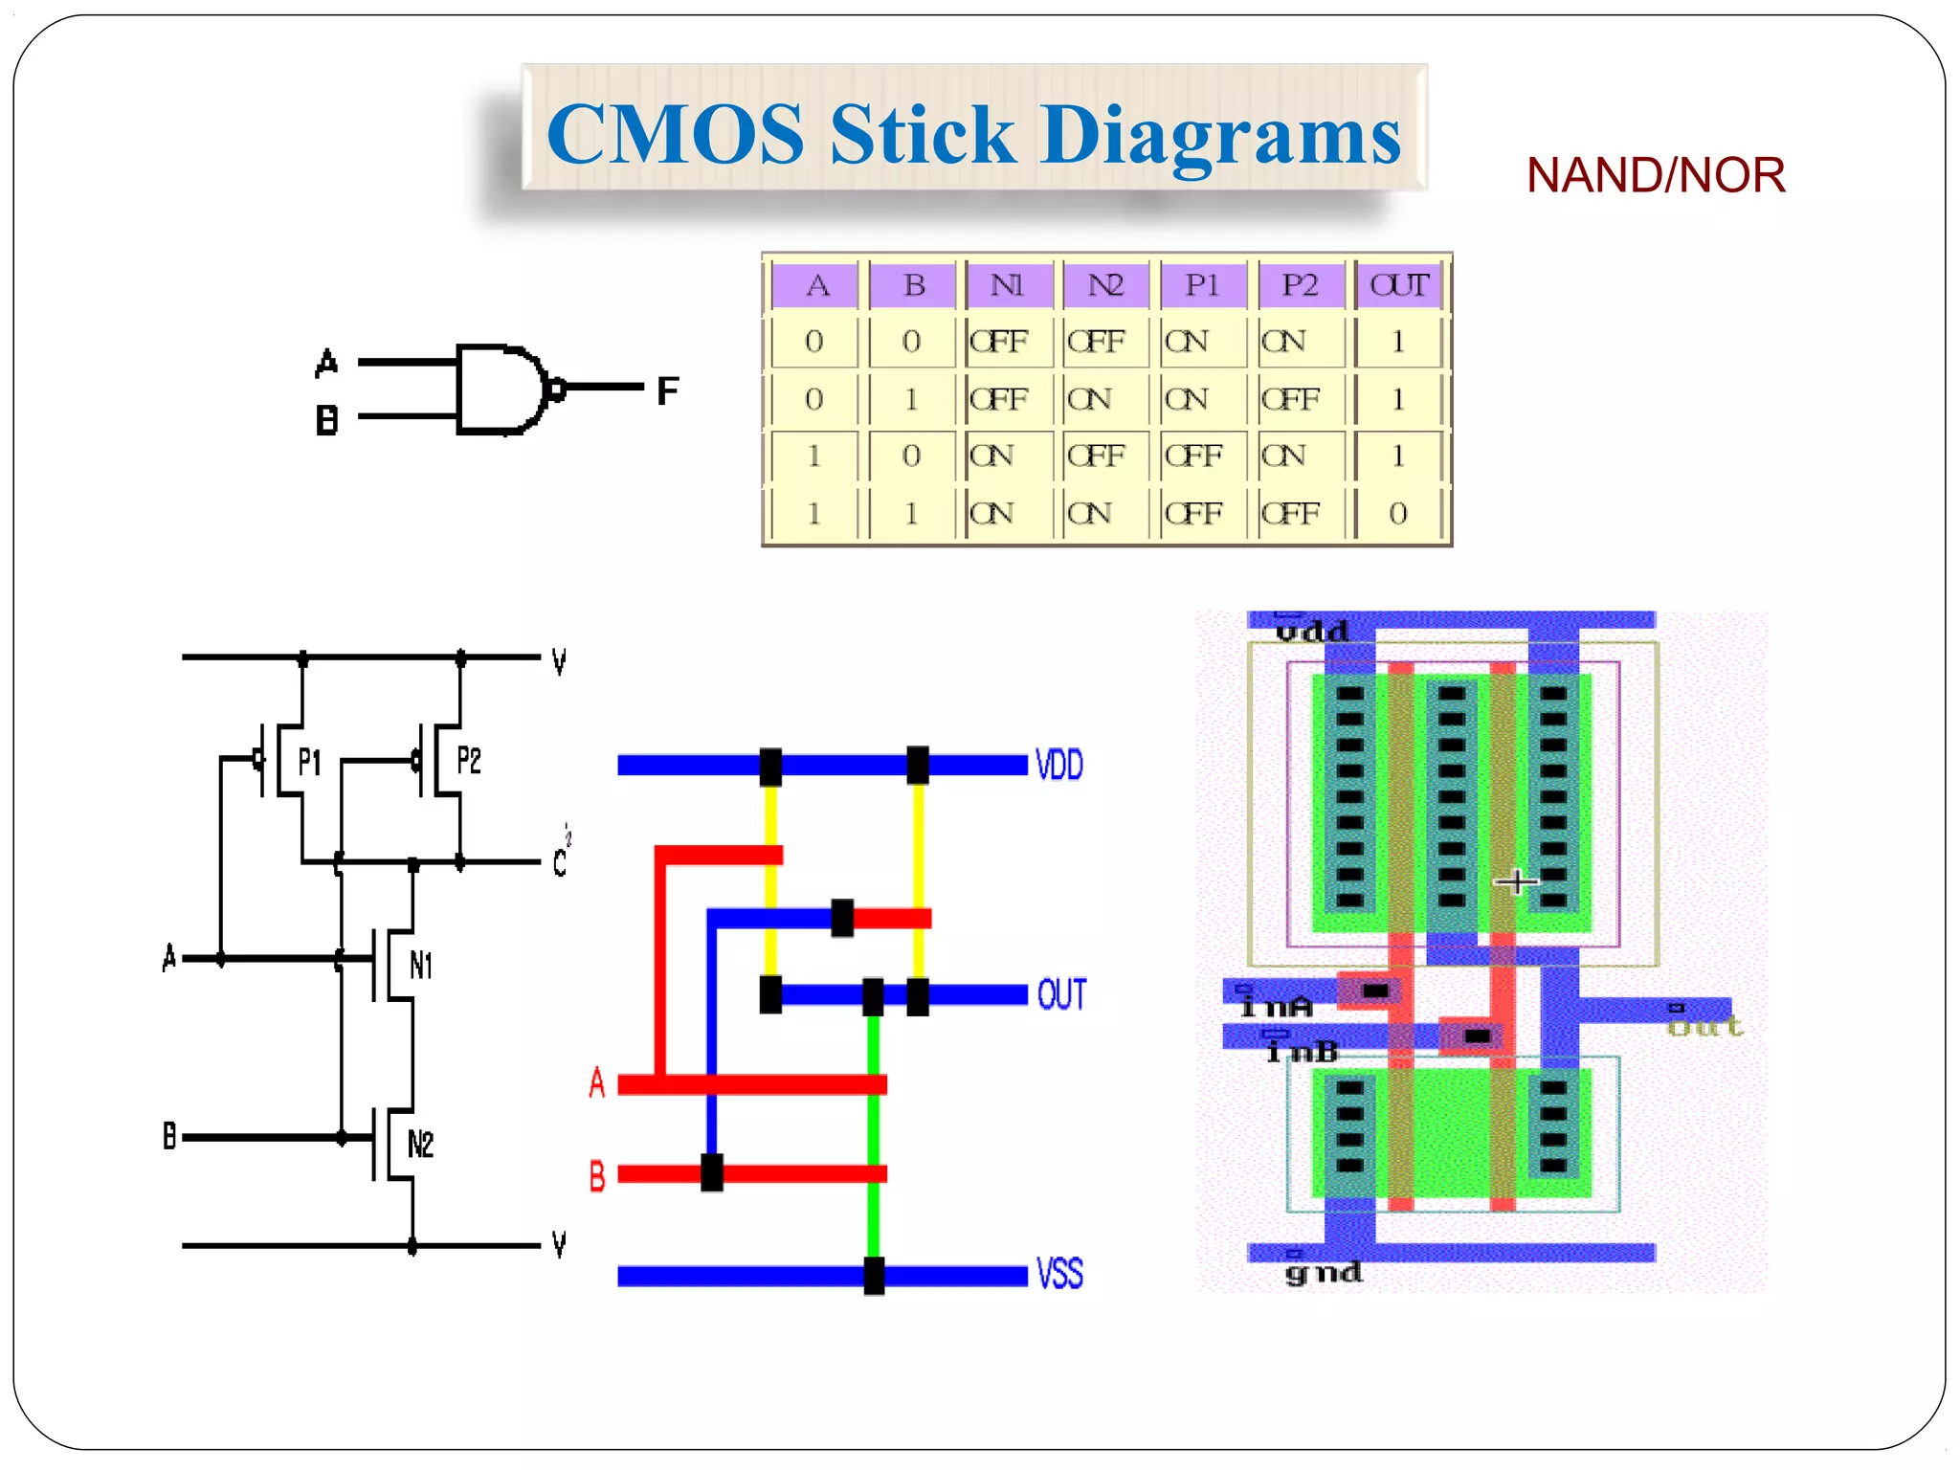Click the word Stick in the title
coord(921,135)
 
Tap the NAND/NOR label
coord(1655,176)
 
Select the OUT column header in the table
coord(1398,285)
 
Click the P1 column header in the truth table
coord(1202,285)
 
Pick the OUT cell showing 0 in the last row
coord(1398,514)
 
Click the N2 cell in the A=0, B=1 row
coord(1091,399)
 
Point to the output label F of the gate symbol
coord(667,390)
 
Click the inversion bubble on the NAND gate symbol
coord(554,389)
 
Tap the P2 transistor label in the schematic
coord(469,761)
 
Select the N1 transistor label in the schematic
coord(421,965)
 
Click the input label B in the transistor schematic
coord(169,1137)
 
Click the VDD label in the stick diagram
coord(1059,766)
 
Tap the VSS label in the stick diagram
coord(1059,1275)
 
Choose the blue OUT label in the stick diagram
coord(1061,995)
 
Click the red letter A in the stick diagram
coord(597,1083)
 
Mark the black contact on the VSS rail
coord(874,1276)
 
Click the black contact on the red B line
coord(712,1172)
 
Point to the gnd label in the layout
coord(1324,1273)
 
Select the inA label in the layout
coord(1276,1007)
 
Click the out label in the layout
coord(1704,1027)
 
